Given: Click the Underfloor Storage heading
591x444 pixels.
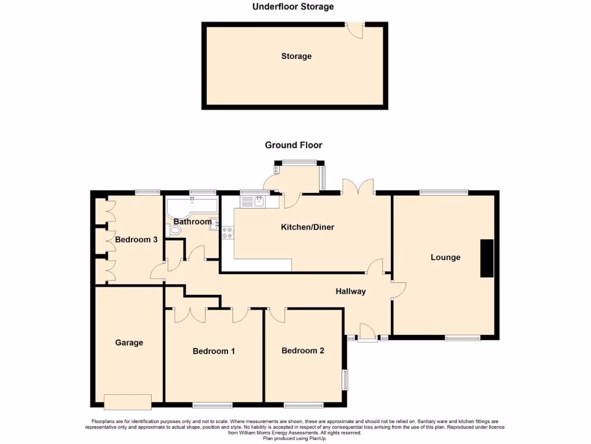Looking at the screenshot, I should [x=293, y=7].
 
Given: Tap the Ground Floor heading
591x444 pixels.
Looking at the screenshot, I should [x=293, y=145].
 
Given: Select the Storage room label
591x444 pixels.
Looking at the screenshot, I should [x=296, y=56].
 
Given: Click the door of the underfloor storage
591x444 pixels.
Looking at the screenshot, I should [x=356, y=30].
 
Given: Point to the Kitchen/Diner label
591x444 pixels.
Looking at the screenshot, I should [x=307, y=227].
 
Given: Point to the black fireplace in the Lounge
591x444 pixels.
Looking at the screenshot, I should [x=488, y=258].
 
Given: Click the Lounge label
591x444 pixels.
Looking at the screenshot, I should [x=446, y=257].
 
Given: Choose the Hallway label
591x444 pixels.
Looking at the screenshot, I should [x=351, y=291].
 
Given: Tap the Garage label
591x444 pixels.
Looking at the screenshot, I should [x=129, y=343].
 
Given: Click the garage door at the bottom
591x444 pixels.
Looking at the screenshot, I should [x=128, y=401].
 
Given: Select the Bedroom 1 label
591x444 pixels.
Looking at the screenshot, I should [x=214, y=351].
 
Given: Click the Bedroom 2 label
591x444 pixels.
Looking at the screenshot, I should [x=303, y=350].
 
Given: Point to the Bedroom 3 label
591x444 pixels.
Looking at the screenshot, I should [x=136, y=239].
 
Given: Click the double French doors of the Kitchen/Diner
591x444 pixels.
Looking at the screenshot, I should [x=358, y=188].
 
